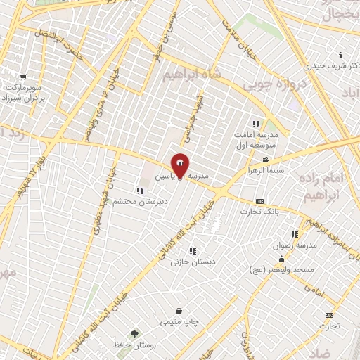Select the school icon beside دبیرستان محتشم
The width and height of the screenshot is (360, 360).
pos(141,191)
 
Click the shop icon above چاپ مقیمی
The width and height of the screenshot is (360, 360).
pos(179,311)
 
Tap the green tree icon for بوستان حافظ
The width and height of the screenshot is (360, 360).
pos(133,333)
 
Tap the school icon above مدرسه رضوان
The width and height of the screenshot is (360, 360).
pos(295,234)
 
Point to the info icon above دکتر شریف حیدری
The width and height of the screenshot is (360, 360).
pos(341,56)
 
